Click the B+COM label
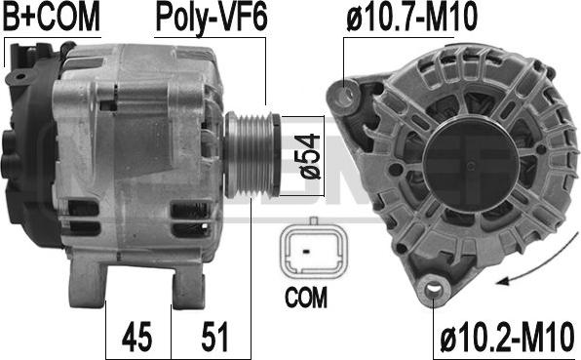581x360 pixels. click(52, 17)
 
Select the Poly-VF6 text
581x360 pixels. click(212, 18)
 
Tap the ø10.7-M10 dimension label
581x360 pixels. click(411, 17)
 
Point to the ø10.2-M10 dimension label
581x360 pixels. click(507, 337)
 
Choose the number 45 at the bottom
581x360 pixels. click(136, 337)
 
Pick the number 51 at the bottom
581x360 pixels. click(214, 337)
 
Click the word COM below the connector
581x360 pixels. click(306, 297)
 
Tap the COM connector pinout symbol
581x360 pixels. click(314, 251)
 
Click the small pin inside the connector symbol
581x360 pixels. click(306, 252)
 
